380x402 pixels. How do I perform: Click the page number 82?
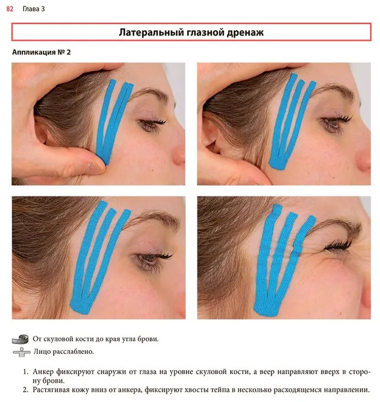pos(10,9)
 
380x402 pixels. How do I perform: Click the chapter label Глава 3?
pos(33,9)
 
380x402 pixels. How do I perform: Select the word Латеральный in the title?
pos(152,32)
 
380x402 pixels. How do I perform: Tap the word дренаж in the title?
pos(245,33)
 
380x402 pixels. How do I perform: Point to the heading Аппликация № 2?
pos(41,52)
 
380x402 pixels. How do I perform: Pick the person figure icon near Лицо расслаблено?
pos(21,352)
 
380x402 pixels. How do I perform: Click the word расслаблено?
pos(73,351)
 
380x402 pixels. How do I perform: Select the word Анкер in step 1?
pos(43,372)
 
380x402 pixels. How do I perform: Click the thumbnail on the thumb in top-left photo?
pos(93,167)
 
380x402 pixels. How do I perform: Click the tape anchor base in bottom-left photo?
pos(81,306)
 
